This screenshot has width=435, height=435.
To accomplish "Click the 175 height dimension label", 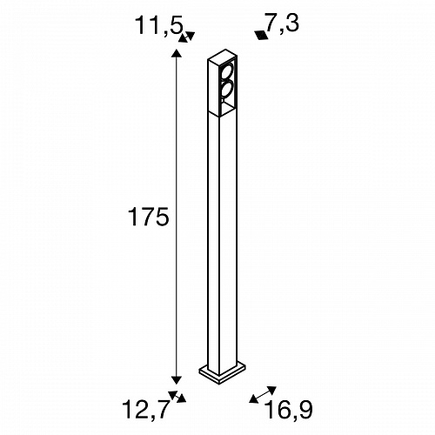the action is click(x=148, y=217).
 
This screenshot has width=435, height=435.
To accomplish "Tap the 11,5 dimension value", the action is click(x=159, y=25).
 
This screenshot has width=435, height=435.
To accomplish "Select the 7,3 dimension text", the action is click(x=281, y=23).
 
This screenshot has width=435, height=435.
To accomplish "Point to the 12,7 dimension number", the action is click(x=145, y=409).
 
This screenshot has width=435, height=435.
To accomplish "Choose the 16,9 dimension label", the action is click(x=289, y=410).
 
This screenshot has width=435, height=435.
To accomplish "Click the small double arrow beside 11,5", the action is click(x=186, y=37).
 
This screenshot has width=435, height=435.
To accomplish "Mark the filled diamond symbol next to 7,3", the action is click(x=262, y=35).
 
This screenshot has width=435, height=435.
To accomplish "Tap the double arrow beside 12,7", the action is click(x=177, y=397).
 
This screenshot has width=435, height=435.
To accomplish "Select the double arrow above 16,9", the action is click(x=263, y=395).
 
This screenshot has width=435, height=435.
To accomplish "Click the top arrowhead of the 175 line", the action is click(x=177, y=53).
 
